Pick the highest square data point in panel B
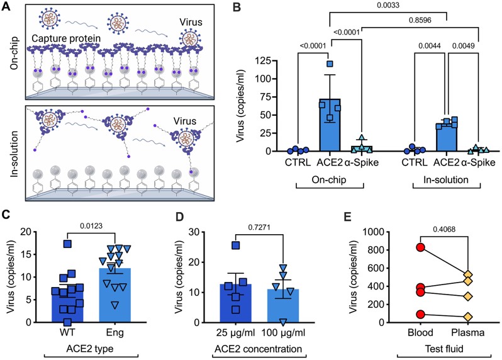329,64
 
